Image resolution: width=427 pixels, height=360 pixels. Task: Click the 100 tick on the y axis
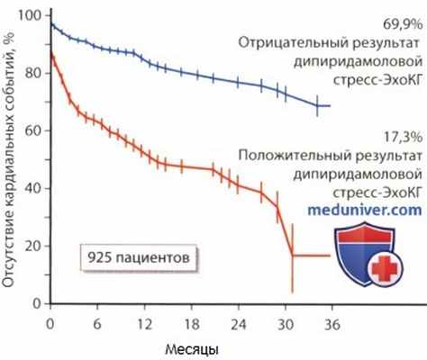(35, 16)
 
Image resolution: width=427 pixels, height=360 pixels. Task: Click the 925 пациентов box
(138, 256)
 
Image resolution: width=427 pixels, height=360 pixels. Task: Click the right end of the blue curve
(330, 105)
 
